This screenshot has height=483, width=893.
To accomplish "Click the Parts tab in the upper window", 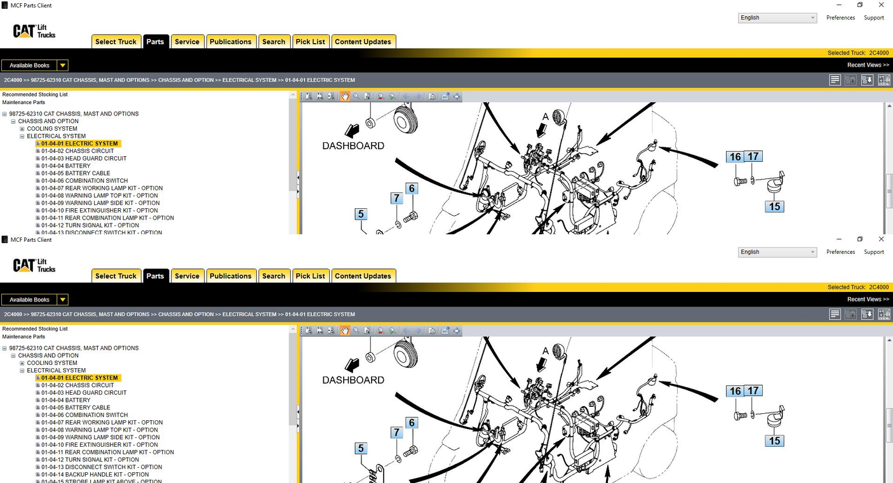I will [155, 42].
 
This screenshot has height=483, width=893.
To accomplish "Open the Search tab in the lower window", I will [274, 276].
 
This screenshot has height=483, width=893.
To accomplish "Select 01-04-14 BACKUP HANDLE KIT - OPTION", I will [94, 475].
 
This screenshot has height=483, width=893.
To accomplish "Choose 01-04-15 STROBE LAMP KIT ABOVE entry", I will [101, 481].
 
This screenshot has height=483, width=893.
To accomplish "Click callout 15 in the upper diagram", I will [774, 207].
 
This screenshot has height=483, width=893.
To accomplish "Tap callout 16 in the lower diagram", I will [735, 391].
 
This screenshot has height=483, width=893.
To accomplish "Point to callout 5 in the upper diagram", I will [361, 215].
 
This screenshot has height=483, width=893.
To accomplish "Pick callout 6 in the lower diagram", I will [412, 423].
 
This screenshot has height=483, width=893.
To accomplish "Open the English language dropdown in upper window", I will [777, 18].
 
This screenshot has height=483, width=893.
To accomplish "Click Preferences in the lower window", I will [840, 252].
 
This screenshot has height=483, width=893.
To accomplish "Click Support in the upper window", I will [873, 18].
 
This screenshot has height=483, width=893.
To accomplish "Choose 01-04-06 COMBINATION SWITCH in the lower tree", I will [84, 415].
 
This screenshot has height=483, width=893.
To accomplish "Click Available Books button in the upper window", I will [34, 65].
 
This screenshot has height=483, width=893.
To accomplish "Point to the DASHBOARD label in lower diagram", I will [353, 380].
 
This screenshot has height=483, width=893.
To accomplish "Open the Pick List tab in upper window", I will [310, 42].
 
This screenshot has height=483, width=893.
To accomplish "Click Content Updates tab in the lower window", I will [363, 276].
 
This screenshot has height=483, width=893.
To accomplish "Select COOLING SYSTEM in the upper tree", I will [52, 129].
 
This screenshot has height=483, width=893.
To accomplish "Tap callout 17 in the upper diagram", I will [753, 157].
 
